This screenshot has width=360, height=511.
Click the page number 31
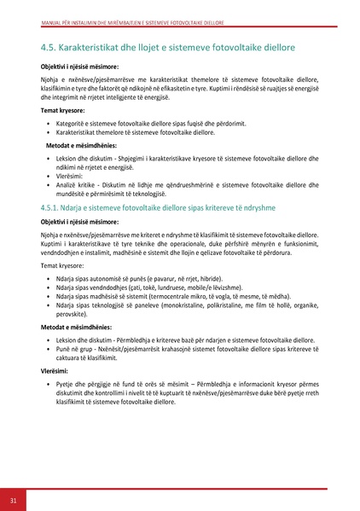click(x=13, y=497)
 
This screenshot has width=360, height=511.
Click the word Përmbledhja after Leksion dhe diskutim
click(x=144, y=339)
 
